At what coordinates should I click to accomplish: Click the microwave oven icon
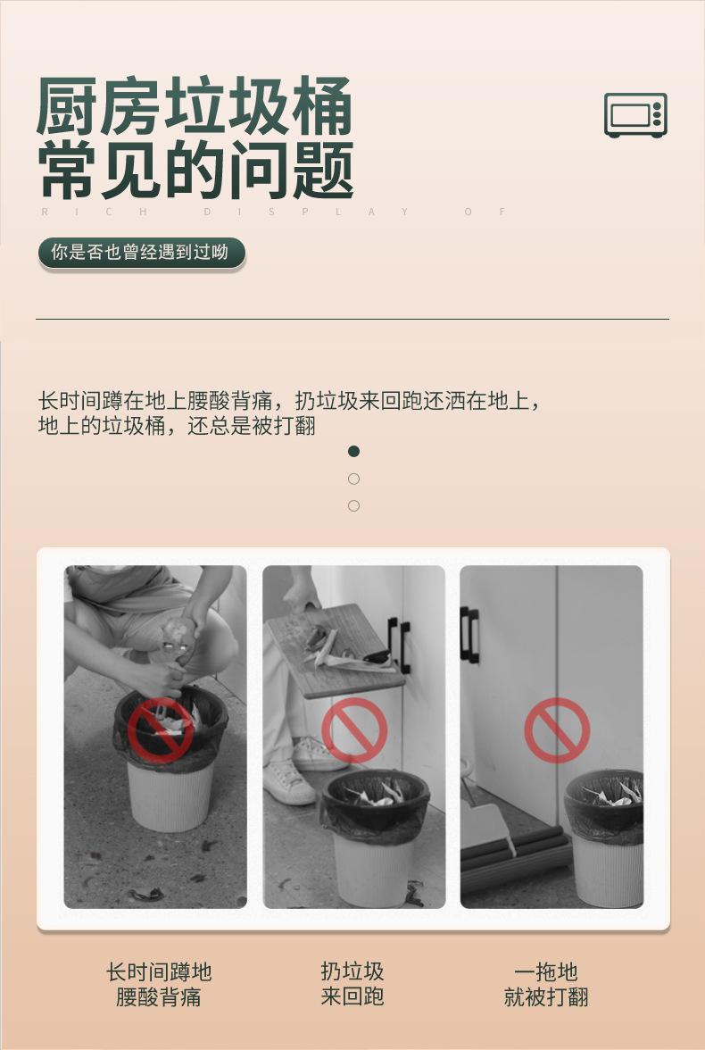click(635, 115)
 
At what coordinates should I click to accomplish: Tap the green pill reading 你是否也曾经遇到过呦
click(140, 253)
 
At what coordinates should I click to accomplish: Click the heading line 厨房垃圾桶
click(195, 107)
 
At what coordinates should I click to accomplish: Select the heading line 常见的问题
click(195, 171)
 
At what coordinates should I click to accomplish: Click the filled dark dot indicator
click(353, 452)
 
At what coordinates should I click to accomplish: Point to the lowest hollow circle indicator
click(353, 506)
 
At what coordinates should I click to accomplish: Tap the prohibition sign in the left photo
click(161, 729)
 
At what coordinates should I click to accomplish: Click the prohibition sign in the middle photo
click(354, 729)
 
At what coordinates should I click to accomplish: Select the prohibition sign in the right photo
click(557, 729)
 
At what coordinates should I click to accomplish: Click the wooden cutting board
click(335, 650)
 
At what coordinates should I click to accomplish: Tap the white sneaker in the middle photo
click(290, 782)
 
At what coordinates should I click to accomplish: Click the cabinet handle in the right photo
click(469, 634)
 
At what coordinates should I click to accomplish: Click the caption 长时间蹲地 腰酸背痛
click(159, 984)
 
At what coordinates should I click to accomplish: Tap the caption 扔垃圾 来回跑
click(352, 984)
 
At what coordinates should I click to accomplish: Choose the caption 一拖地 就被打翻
click(546, 984)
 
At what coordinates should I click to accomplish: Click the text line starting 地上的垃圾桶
click(177, 426)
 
